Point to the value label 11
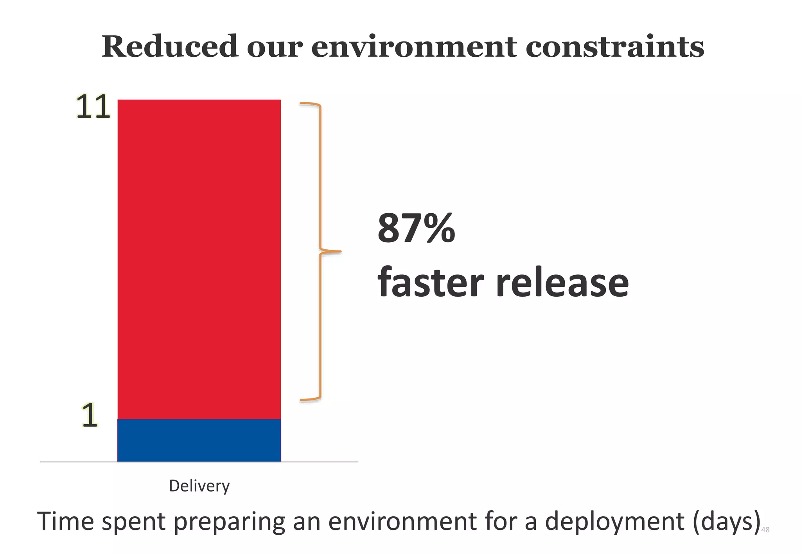(x=93, y=106)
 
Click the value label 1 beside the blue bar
(x=90, y=415)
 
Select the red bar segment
(x=199, y=258)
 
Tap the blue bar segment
(x=199, y=440)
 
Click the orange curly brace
(x=320, y=250)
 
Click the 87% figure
(x=416, y=228)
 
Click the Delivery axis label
(x=199, y=486)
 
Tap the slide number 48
(x=765, y=530)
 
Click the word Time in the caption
(x=66, y=521)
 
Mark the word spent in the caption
(x=133, y=522)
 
